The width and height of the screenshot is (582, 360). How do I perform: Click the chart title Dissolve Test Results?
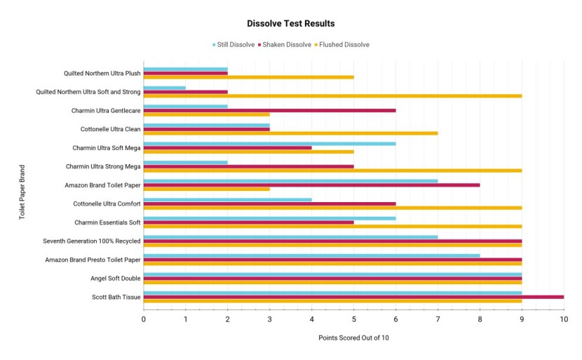[x=290, y=24]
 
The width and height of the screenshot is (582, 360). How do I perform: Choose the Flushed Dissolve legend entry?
[x=343, y=45]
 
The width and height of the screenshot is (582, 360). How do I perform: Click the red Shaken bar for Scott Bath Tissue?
[x=353, y=297]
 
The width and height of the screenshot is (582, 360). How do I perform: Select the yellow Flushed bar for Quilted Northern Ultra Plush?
[x=248, y=77]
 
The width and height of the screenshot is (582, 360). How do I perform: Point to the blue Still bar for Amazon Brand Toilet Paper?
[x=290, y=180]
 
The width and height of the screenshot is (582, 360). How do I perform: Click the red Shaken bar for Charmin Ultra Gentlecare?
[x=269, y=110]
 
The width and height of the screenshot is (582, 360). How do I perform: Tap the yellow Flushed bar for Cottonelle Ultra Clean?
[x=290, y=133]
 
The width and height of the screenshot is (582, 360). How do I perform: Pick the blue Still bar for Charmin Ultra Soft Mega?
[x=269, y=143]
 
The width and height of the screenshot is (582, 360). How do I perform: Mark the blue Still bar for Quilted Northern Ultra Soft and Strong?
[x=164, y=88]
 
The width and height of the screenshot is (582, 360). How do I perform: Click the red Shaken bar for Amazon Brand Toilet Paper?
[x=311, y=185]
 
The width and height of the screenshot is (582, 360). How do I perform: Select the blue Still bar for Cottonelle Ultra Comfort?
[x=227, y=199]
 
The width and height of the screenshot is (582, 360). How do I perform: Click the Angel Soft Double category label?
[x=116, y=279]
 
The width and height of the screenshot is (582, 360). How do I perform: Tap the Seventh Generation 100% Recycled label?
[x=92, y=241]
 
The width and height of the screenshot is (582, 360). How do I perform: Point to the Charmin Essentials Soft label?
[x=107, y=222]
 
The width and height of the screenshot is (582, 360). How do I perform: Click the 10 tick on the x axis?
[x=563, y=319]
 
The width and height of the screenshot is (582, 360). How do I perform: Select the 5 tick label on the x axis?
[x=353, y=319]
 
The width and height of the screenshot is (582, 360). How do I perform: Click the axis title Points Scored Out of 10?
[x=353, y=338]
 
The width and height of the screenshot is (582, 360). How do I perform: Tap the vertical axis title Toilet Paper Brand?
[x=22, y=192]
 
